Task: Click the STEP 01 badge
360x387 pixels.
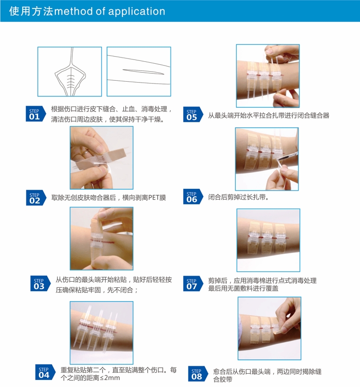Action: click(35, 114)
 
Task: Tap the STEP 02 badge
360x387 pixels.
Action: click(36, 198)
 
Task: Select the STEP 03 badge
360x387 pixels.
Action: click(40, 283)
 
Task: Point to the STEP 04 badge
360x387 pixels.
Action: click(45, 372)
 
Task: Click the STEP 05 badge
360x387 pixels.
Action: click(193, 114)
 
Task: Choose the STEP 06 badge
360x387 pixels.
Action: click(193, 196)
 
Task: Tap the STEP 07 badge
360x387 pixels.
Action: click(193, 284)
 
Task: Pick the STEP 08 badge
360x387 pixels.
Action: click(198, 374)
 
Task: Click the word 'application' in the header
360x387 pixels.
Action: click(137, 12)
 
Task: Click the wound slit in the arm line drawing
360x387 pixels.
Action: click(143, 72)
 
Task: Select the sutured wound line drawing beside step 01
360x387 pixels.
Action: click(69, 72)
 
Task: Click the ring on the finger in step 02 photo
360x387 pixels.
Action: click(85, 153)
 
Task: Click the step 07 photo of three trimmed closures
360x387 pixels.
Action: click(268, 240)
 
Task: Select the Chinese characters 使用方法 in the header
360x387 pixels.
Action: click(31, 11)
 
